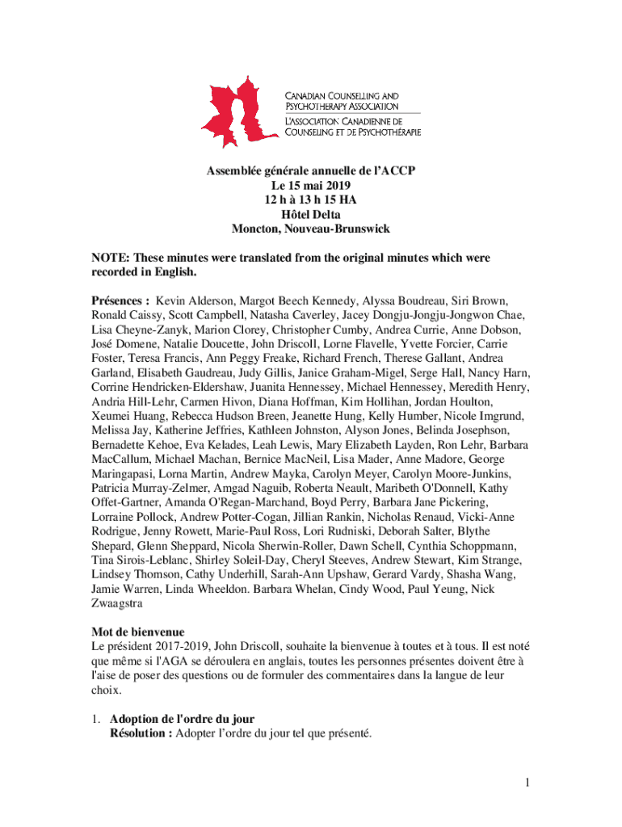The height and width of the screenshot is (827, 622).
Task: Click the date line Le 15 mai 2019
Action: pyautogui.click(x=310, y=185)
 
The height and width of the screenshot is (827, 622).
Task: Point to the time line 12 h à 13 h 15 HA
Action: pyautogui.click(x=310, y=199)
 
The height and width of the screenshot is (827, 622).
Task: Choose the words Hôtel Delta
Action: pyautogui.click(x=310, y=214)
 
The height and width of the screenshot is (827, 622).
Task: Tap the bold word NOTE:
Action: pyautogui.click(x=111, y=258)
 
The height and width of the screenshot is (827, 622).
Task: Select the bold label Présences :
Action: pyautogui.click(x=120, y=300)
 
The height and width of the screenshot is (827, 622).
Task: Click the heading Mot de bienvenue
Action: pyautogui.click(x=138, y=632)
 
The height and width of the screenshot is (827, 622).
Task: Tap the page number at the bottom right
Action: pyautogui.click(x=525, y=782)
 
